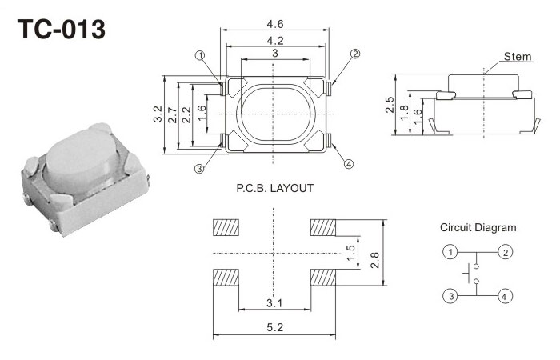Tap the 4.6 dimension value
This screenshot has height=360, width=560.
click(x=274, y=25)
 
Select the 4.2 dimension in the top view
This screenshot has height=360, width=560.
click(x=274, y=40)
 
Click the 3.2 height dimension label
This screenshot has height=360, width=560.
click(x=158, y=114)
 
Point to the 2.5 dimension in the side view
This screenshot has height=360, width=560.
click(x=390, y=105)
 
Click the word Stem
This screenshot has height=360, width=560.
click(x=518, y=57)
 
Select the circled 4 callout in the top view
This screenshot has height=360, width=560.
click(x=349, y=164)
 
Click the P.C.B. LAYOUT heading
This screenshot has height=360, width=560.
click(x=274, y=189)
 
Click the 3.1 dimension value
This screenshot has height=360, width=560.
click(x=274, y=302)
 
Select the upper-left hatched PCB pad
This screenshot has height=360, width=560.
click(x=226, y=228)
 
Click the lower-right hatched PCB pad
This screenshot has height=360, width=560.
click(x=323, y=278)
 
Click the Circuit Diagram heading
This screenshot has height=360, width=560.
click(x=478, y=228)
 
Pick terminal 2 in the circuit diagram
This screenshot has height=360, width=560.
click(x=505, y=253)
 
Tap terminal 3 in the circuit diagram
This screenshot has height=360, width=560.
click(x=452, y=296)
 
